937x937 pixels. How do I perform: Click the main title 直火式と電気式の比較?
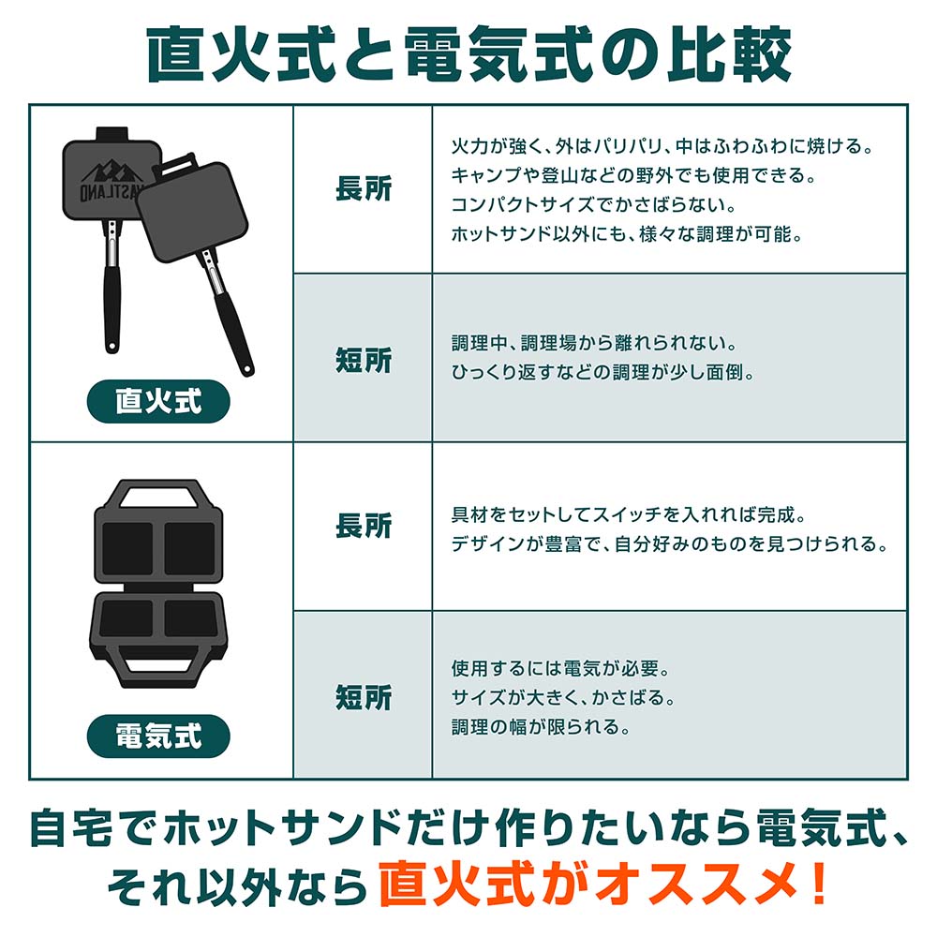click(469, 54)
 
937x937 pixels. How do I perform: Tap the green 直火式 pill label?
click(159, 401)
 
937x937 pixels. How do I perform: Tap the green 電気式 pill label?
click(159, 736)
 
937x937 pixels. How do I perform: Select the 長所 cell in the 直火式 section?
click(364, 189)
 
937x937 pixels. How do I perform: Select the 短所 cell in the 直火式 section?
click(364, 360)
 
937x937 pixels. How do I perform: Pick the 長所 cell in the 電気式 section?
click(364, 526)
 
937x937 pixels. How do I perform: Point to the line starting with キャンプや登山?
click(633, 175)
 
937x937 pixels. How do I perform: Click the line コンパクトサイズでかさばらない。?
click(593, 204)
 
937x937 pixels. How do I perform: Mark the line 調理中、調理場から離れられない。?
click(595, 343)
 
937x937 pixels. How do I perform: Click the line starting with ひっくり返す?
click(602, 372)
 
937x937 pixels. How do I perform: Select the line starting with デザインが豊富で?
click(669, 543)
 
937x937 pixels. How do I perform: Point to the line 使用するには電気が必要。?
click(560, 668)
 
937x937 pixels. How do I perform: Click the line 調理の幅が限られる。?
click(541, 727)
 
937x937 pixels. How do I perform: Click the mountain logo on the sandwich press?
click(112, 172)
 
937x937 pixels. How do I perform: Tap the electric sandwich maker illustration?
click(157, 583)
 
